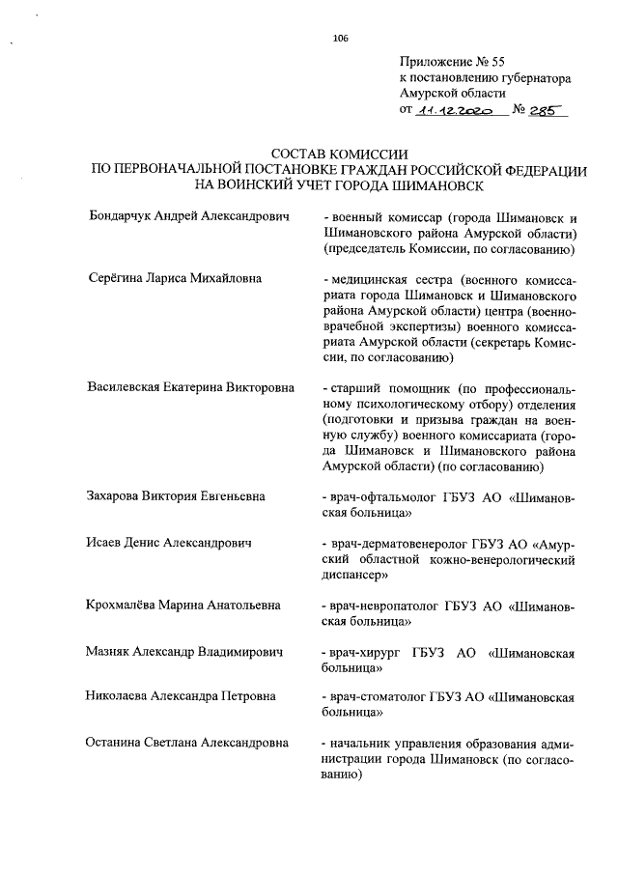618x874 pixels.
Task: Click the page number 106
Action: pyautogui.click(x=339, y=39)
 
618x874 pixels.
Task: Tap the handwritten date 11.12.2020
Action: pyautogui.click(x=454, y=112)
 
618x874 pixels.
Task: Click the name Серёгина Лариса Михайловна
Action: pyautogui.click(x=175, y=280)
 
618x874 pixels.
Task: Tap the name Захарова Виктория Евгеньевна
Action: pyautogui.click(x=177, y=496)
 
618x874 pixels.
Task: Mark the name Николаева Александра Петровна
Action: pyautogui.click(x=181, y=696)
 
